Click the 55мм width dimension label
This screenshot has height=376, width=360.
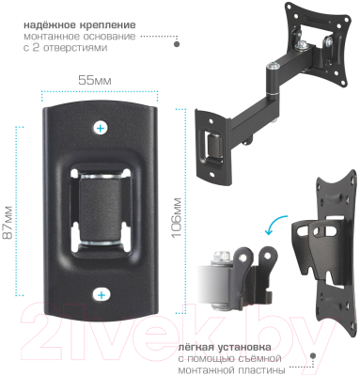tap(94, 80)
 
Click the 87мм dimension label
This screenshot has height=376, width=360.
tap(8, 222)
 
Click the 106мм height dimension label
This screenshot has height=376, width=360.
tap(177, 217)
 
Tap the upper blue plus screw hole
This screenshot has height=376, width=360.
tap(101, 128)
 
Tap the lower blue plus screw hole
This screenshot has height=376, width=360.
tap(101, 295)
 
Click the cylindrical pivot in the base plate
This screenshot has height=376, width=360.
tap(101, 211)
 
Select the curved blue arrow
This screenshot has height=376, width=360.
tap(275, 223)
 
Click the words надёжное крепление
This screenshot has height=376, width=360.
tap(80, 24)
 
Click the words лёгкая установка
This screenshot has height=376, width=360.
tap(225, 348)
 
